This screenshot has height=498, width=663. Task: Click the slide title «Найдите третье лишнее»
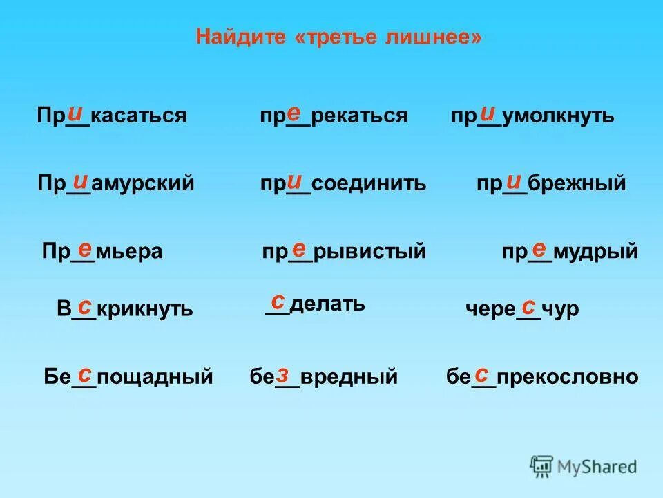[338, 37]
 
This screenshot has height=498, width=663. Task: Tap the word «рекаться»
[359, 116]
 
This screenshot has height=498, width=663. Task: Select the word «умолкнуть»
[558, 116]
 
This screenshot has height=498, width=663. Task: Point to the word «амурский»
[143, 184]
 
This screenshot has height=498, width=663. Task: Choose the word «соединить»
[369, 184]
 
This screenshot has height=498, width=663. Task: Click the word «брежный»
[577, 184]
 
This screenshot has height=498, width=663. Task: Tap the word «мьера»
[129, 252]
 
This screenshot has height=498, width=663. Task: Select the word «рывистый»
[369, 252]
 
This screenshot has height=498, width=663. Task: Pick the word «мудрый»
[595, 252]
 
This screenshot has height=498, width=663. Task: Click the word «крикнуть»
[144, 310]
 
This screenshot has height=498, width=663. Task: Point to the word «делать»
[327, 304]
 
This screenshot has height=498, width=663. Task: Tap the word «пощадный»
[155, 378]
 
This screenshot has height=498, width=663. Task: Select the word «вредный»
[349, 378]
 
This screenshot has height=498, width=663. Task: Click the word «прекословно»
[567, 378]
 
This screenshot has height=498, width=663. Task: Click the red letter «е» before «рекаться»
[294, 111]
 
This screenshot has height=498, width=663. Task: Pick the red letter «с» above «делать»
[278, 301]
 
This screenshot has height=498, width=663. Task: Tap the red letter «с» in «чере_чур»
[528, 306]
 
